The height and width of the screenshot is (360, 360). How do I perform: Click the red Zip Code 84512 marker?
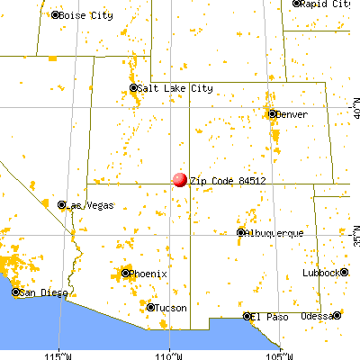point(180,179)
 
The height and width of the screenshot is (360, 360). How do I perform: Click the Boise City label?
point(85,15)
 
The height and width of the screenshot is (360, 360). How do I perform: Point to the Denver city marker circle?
point(272,114)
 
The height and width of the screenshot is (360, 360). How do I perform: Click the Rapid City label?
point(327,4)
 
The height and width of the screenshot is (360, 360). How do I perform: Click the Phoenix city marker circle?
point(126,272)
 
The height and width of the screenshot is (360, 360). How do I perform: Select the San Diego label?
point(41,292)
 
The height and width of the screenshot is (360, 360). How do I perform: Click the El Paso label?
point(267,316)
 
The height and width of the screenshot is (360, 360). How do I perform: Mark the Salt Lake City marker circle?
point(133,88)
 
